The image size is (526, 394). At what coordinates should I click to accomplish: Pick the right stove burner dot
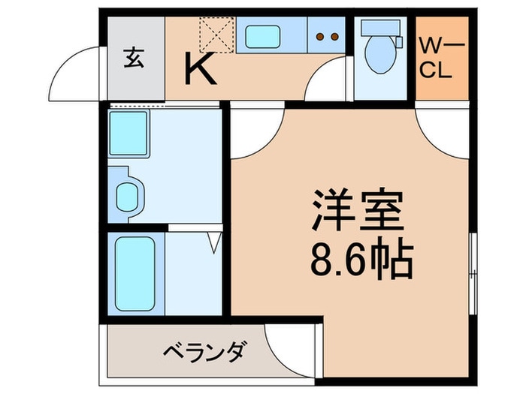(x=331, y=35)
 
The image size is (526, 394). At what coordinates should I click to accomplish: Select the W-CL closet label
(x=442, y=59)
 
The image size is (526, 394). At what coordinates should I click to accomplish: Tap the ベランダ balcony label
(x=203, y=351)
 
